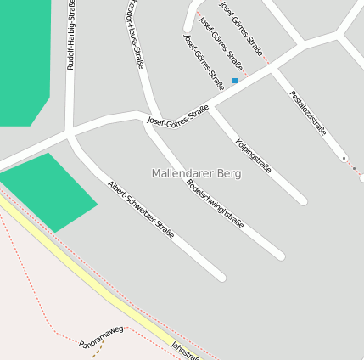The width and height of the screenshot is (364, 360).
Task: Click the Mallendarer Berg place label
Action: click(x=196, y=173)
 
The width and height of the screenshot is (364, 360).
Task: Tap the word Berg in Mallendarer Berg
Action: click(x=228, y=173)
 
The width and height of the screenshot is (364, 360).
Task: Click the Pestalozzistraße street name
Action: click(x=307, y=113)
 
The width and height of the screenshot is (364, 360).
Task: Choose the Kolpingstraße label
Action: click(x=253, y=155)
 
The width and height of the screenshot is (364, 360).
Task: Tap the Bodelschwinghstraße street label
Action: click(x=215, y=205)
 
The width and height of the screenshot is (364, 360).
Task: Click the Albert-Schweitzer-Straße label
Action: click(x=141, y=209)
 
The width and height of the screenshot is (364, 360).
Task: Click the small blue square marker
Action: click(x=235, y=81)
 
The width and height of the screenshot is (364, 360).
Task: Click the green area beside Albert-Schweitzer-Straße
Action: click(x=49, y=191)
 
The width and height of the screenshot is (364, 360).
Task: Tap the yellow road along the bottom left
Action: click(x=85, y=280)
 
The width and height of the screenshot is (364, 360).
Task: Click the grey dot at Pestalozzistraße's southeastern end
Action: click(x=344, y=158)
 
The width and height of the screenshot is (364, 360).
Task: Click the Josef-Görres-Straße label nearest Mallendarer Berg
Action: click(x=178, y=115)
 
